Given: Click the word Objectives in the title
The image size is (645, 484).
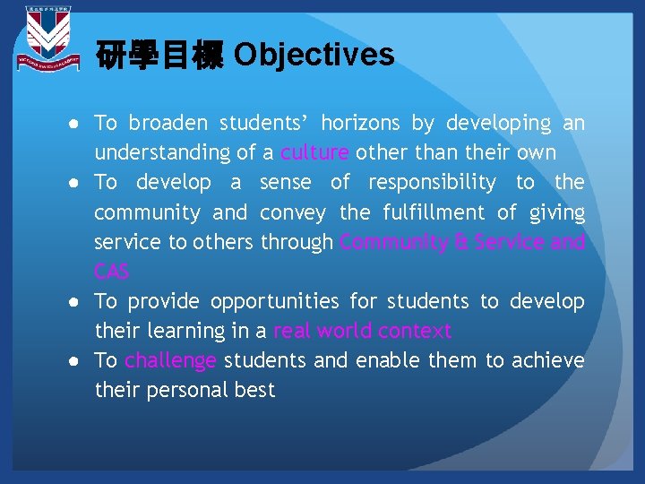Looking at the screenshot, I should click(x=314, y=55).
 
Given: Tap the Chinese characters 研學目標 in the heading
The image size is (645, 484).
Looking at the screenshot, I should click(x=159, y=56).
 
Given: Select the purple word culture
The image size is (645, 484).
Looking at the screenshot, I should click(x=314, y=152).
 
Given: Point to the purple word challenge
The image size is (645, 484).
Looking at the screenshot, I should click(x=170, y=360).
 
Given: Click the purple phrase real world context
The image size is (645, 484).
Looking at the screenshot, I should click(x=362, y=331).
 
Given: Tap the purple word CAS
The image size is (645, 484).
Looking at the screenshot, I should click(x=112, y=272).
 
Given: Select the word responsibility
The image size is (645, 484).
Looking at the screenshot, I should click(x=432, y=183).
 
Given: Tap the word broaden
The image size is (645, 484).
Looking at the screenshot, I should click(x=169, y=123).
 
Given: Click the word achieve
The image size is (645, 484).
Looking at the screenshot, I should click(x=547, y=360).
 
